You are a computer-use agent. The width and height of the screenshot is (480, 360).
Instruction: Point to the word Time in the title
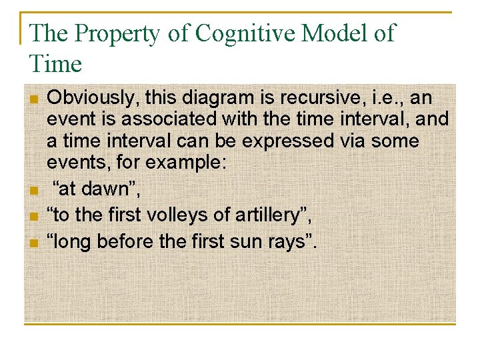(55, 64)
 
